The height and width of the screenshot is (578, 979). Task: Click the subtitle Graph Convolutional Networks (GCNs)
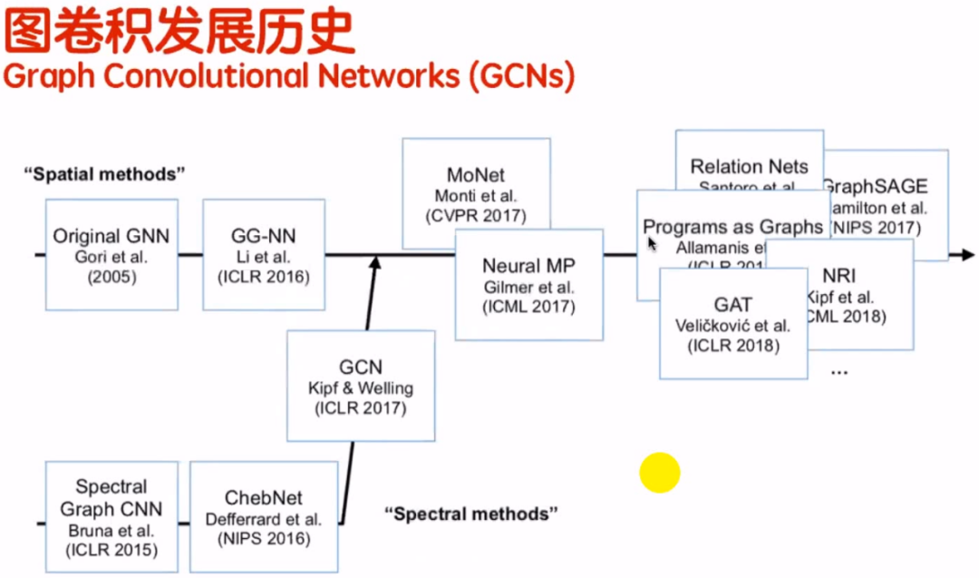pyautogui.click(x=288, y=76)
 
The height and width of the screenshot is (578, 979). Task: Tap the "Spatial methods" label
pyautogui.click(x=104, y=172)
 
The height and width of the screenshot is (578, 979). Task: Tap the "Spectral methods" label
pyautogui.click(x=470, y=514)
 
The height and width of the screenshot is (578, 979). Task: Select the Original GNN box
pyautogui.click(x=111, y=255)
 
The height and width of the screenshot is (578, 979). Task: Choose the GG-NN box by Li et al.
pyautogui.click(x=263, y=255)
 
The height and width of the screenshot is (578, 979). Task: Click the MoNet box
pyautogui.click(x=475, y=193)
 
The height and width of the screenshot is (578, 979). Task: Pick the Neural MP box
pyautogui.click(x=528, y=285)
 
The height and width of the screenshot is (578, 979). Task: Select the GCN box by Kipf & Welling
pyautogui.click(x=361, y=387)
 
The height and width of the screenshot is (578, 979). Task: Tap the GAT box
pyautogui.click(x=732, y=323)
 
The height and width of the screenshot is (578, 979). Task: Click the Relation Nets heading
pyautogui.click(x=749, y=166)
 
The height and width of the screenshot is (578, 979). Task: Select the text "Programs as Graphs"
pyautogui.click(x=732, y=227)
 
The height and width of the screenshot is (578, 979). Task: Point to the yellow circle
pyautogui.click(x=659, y=473)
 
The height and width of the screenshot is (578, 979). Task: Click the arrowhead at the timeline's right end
pyautogui.click(x=966, y=255)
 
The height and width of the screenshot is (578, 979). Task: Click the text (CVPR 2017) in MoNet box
pyautogui.click(x=475, y=216)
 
